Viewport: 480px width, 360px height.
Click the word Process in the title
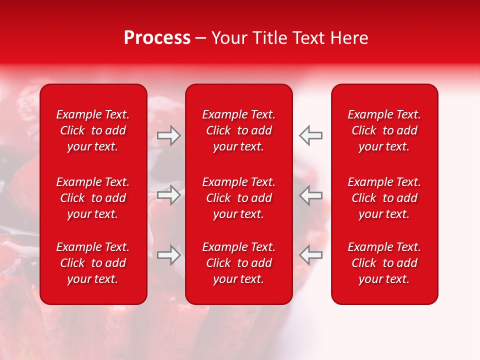pos(157,38)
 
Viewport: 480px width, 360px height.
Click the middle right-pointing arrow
pos(168,195)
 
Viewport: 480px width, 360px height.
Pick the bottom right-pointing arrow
pos(168,255)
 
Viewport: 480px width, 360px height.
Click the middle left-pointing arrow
pos(311,195)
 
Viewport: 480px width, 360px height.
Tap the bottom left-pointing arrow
pos(311,255)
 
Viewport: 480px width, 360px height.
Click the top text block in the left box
pos(93,130)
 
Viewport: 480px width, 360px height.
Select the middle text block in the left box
pos(93,198)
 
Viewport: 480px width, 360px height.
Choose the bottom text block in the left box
pos(93,263)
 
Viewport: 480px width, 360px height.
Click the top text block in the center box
pos(239,130)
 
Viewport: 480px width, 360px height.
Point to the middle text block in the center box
pos(239,198)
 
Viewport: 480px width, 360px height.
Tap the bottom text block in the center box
pos(239,263)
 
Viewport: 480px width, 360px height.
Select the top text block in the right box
pos(384,130)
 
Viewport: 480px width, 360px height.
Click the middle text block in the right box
pos(384,198)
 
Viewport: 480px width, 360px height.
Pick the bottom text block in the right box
pos(384,263)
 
